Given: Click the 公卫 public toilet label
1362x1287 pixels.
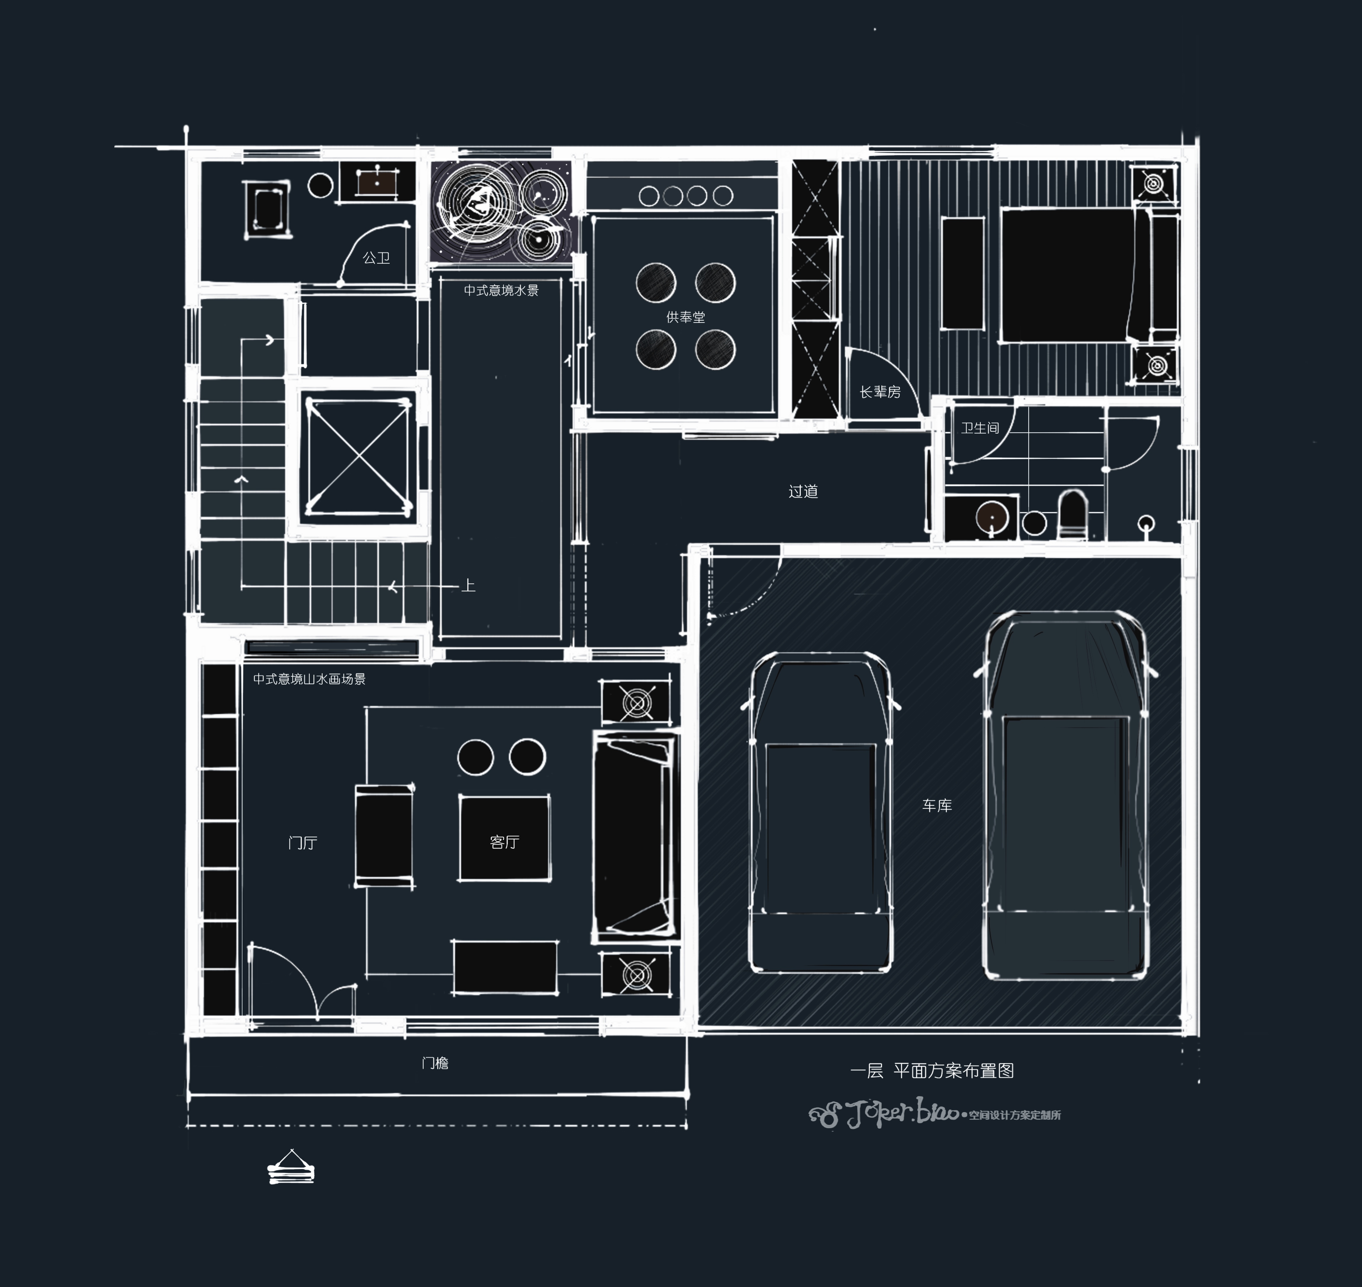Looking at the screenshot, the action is [x=376, y=258].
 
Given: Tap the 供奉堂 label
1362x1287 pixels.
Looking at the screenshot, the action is [x=685, y=317].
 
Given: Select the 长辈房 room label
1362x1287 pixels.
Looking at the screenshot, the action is [x=880, y=392].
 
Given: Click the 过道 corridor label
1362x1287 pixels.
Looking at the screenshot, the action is [x=803, y=491].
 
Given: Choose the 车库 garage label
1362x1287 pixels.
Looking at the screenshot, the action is [x=937, y=805].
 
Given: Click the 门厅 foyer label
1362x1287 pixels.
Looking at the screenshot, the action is [x=303, y=842].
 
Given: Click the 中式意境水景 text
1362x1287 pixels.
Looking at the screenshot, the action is [x=501, y=290].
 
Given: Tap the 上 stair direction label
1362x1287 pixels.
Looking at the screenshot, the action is [x=468, y=585].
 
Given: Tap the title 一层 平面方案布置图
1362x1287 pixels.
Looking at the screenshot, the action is [x=932, y=1071].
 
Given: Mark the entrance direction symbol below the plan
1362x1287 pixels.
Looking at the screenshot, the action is [x=291, y=1167].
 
